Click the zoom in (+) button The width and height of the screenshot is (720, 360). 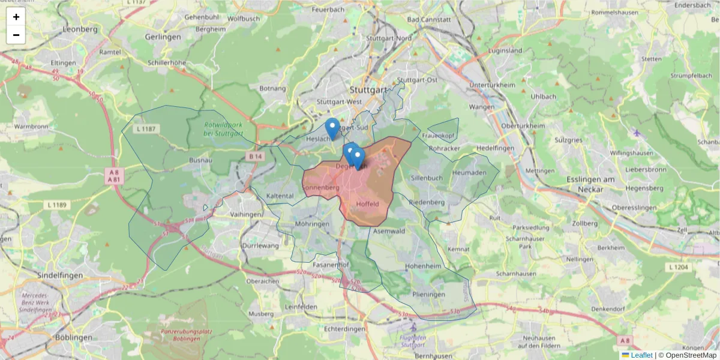[x=16, y=17]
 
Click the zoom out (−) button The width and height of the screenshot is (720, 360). [x=16, y=35]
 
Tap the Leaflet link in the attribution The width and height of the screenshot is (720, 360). [x=641, y=355]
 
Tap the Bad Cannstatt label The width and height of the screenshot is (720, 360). [x=428, y=19]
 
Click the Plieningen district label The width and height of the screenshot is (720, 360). [x=429, y=295]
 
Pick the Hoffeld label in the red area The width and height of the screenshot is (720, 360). [x=368, y=204]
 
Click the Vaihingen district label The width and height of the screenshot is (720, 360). [x=246, y=214]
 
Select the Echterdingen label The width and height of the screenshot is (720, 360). [x=344, y=329]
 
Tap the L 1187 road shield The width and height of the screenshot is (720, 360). [x=146, y=129]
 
